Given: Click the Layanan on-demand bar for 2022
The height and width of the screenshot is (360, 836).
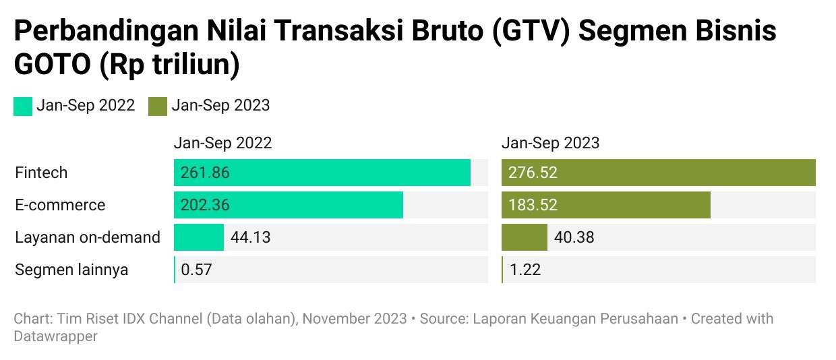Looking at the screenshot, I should click(199, 237).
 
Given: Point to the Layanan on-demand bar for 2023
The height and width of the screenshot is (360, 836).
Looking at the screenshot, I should click(525, 237).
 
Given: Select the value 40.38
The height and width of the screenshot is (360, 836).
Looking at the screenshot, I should click(574, 237).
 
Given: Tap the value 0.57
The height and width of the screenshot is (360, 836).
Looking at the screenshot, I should click(196, 270).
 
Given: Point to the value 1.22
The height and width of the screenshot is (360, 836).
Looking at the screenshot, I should click(525, 270).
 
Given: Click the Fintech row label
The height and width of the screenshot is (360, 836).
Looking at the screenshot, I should click(41, 173).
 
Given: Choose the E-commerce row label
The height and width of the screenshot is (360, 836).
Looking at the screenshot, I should click(60, 205).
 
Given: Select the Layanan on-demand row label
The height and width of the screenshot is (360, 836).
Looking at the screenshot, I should click(88, 237).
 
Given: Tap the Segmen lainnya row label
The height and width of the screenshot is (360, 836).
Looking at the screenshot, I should click(71, 270).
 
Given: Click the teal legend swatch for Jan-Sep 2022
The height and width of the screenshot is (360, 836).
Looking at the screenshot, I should click(23, 106).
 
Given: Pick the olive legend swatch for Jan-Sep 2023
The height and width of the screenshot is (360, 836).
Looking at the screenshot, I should click(158, 106).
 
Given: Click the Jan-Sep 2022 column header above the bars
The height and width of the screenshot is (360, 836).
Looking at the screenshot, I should click(222, 143).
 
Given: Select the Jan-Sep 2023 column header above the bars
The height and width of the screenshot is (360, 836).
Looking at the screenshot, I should click(550, 143).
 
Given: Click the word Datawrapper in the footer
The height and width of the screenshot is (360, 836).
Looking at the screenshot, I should click(56, 335).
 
